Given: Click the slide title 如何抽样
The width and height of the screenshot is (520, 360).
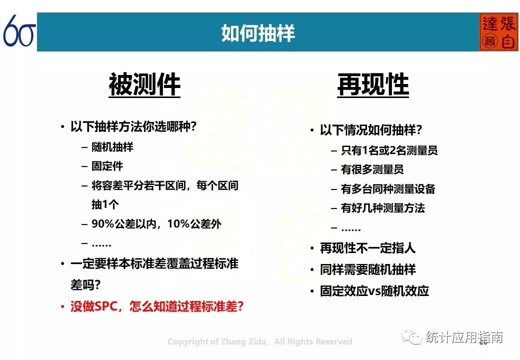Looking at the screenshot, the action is coord(257,33).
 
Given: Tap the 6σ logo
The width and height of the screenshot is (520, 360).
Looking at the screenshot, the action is coord(19,31).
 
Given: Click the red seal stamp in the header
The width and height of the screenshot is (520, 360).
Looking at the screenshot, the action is coord(498,32).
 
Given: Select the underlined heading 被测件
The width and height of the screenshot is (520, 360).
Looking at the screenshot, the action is coord(144,84).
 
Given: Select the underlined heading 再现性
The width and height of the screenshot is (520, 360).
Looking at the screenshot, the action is coord(373,84).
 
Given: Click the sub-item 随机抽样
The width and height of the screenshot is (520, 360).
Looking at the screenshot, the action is coord(112,147).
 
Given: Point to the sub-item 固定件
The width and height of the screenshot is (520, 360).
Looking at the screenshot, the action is coord(107,165).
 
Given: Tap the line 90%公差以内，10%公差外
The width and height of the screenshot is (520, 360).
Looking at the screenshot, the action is coord(156,224).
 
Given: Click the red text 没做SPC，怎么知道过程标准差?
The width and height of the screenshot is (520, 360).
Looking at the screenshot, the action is coord(157,306).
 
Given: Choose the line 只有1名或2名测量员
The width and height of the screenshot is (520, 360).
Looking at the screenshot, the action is coord(389,150).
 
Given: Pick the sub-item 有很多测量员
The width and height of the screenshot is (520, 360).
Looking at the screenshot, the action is coord(372,169).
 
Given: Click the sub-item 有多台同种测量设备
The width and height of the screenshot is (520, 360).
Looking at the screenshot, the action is coord(388,189).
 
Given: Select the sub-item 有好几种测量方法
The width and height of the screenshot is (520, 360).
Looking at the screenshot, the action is coord(382,208).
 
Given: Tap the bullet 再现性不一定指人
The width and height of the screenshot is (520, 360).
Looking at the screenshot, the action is coord(368,248).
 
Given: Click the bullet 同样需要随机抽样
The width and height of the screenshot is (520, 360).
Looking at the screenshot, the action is coord(368,269).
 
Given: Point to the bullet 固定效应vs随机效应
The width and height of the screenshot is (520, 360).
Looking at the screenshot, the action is coord(374,291).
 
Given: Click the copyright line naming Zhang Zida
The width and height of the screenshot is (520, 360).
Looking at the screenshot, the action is coord(259,341).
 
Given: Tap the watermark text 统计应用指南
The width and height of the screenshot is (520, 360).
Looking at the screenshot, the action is coord(464,337).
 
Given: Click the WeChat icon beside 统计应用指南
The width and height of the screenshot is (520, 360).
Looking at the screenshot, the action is coord(411,337).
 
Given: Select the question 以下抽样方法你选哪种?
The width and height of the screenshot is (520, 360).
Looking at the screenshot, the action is coord(133,126).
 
